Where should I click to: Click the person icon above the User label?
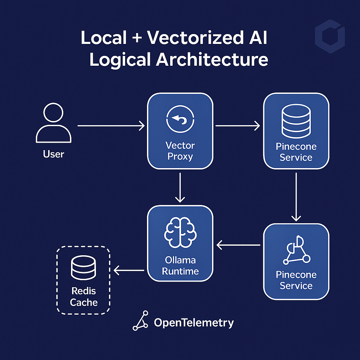pos(53,124)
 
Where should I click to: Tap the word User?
pos(53,154)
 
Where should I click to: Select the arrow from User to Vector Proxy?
pos(111,126)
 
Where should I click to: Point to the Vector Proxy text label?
pos(180,150)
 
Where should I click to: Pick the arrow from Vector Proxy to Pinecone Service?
pos(237,126)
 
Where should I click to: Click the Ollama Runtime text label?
pos(180,266)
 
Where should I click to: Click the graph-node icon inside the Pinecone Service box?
pos(296,250)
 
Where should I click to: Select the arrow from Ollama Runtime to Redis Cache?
pos(129,270)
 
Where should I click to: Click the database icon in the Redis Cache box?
pos(83,268)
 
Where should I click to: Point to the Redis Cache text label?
pos(83,296)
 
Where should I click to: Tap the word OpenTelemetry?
pos(194,323)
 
